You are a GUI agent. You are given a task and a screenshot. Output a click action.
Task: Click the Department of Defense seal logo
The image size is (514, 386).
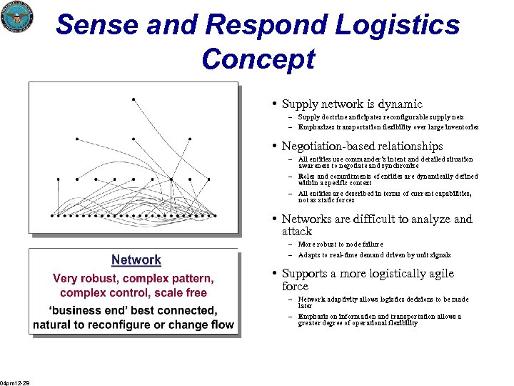tap(17, 16)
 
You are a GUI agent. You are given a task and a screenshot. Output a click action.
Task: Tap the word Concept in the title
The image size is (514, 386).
tap(258, 59)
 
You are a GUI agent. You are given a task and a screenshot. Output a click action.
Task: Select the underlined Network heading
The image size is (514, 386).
tap(136, 260)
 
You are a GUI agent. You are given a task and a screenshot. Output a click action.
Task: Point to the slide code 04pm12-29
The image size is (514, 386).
tap(14, 382)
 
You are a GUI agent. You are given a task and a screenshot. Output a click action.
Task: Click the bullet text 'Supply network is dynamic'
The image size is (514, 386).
tap(352, 104)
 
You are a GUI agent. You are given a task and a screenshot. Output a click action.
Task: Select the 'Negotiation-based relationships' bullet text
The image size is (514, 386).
tap(362, 147)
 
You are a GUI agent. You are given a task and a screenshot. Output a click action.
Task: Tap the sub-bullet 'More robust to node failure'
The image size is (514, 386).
tap(340, 244)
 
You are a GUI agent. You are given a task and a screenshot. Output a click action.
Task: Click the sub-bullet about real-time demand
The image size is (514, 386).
tap(374, 254)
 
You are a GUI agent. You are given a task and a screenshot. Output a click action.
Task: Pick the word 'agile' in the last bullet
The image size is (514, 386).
tap(436, 274)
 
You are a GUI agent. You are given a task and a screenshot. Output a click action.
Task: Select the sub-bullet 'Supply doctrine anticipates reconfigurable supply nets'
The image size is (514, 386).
tap(381, 117)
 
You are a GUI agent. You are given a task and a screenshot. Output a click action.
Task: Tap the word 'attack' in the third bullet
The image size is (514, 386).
tap(297, 232)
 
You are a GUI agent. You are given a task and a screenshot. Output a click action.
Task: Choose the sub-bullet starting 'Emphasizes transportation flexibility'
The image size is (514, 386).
tap(388, 127)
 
